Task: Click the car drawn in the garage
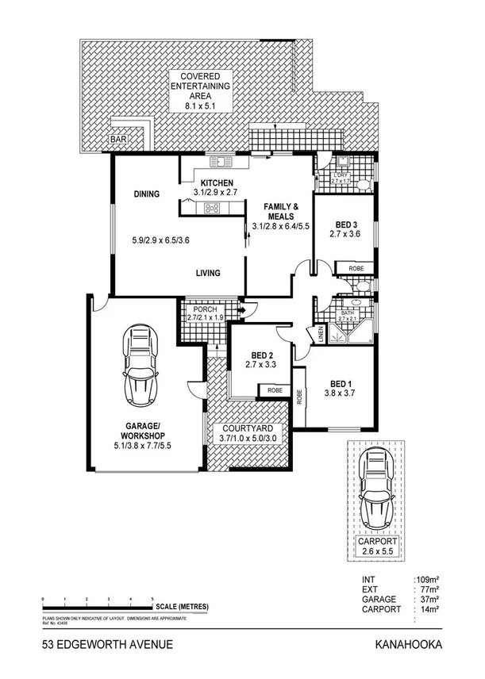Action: coord(140,367)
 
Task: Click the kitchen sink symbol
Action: coord(220,163)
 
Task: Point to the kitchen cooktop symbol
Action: coord(213,209)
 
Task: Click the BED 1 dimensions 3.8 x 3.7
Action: coord(341,393)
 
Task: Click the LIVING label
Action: coord(209,274)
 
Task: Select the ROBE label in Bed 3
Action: coord(356,269)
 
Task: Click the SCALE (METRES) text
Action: coord(183,607)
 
